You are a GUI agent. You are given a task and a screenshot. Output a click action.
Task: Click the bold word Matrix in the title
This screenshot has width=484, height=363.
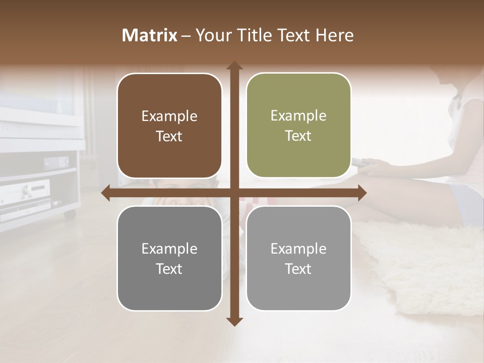coord(149,35)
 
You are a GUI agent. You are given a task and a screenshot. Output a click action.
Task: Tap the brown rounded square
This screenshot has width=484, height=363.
coord(169,126)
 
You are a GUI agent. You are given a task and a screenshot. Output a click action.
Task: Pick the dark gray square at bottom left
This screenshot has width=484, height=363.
coord(169,258)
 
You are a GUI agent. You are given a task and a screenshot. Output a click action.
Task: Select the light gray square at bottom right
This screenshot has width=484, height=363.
coord(298,258)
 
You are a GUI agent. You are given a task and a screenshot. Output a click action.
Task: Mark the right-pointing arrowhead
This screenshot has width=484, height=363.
coord(362,193)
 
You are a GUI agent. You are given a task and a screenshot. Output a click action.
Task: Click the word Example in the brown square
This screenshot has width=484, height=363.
coord(169,116)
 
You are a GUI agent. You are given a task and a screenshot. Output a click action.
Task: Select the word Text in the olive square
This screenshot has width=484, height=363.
coord(298,136)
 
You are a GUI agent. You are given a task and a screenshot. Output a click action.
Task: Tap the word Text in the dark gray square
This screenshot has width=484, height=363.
coord(169,269)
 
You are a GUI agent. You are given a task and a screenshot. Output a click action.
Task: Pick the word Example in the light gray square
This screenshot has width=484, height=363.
coord(298,249)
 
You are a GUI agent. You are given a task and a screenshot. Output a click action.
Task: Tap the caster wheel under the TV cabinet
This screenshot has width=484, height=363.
coord(70,214)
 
